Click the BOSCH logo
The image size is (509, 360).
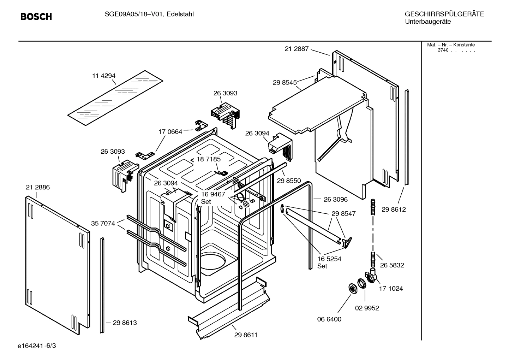point(36,17)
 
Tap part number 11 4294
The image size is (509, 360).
point(104,76)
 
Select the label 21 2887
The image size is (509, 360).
point(297,49)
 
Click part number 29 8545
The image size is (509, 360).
point(285,82)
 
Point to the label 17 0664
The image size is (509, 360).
point(170,132)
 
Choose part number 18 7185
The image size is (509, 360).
point(208,159)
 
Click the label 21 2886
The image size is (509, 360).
point(38,187)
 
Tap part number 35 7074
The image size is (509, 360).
point(103,223)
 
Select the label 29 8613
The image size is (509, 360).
point(125,323)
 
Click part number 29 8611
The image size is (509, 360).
point(246,335)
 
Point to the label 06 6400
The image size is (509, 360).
point(329,319)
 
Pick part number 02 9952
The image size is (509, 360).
point(367,308)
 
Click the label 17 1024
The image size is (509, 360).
point(391,288)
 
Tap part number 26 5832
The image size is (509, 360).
point(392,265)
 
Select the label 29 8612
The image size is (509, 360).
point(394,209)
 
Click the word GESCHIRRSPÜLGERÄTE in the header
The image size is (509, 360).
point(444,14)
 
